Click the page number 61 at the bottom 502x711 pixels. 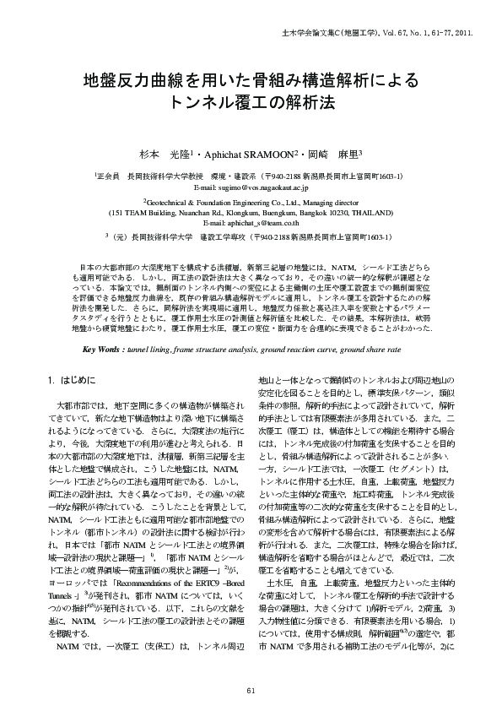pos(251,692)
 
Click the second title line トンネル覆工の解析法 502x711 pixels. pos(251,105)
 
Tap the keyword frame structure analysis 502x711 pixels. pos(224,348)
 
